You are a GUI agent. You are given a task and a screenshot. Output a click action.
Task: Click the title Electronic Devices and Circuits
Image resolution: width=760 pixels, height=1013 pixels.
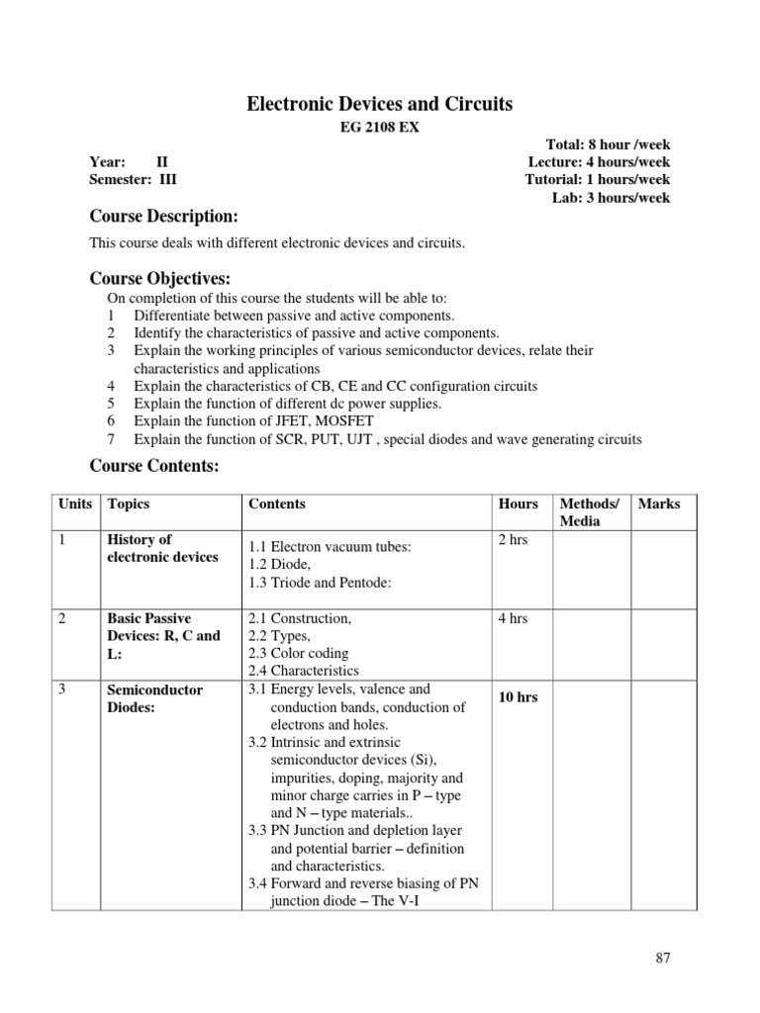379,104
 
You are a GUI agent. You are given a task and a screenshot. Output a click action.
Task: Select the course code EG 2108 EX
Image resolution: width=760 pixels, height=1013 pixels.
380,128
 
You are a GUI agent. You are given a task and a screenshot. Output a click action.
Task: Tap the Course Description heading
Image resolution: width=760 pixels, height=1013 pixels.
163,216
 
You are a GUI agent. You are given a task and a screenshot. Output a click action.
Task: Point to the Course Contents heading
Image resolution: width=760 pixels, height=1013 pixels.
154,465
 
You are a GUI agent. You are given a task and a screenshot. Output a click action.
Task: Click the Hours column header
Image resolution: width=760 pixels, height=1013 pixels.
519,504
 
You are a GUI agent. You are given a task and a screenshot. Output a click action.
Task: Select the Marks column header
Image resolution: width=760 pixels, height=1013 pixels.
659,504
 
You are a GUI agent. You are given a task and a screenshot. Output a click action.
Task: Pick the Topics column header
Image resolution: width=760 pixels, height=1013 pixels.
129,504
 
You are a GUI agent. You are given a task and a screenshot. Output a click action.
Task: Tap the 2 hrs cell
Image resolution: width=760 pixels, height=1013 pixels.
514,540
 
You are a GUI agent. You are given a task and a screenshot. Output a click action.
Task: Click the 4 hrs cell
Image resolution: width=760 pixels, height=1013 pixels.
514,618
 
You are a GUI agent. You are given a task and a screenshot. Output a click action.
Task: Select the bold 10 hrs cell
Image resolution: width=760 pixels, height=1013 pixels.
519,697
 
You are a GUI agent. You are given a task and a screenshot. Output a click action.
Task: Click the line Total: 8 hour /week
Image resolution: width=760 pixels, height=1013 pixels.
608,144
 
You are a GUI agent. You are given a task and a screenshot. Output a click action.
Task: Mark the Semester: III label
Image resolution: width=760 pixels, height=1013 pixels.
134,180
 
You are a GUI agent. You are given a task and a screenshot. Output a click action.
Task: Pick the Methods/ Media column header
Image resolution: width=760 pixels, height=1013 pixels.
589,512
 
